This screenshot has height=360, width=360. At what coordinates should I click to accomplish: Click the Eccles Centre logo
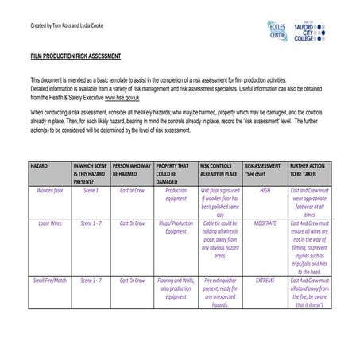(277, 31)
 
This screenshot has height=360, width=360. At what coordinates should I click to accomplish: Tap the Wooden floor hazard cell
(50, 191)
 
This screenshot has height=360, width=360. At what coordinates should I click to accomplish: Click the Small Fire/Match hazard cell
(50, 280)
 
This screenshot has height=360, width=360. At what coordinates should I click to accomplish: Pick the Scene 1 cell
(91, 191)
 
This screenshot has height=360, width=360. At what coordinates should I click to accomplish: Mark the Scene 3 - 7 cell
(91, 280)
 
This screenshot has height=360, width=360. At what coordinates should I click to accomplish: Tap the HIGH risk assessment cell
(265, 191)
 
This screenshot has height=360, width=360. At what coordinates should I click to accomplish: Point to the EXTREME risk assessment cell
(265, 280)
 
